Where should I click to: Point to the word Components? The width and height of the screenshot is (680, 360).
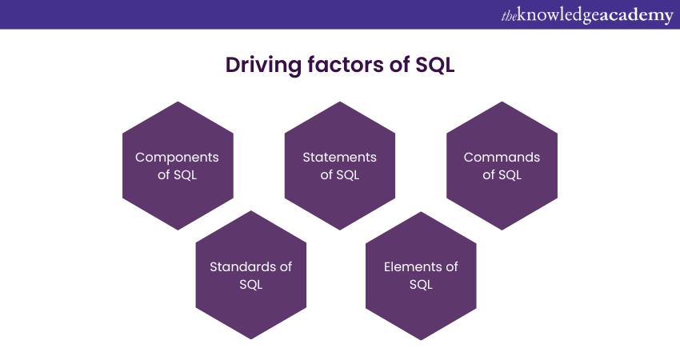177,158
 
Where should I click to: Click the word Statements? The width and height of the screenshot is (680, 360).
339,158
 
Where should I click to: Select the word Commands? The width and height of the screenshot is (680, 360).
502,158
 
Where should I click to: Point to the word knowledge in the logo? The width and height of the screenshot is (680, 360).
561,15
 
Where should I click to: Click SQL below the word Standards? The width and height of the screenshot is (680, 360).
251,285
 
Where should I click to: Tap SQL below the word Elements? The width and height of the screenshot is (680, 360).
421,285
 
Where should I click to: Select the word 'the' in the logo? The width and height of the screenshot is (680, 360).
510,16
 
